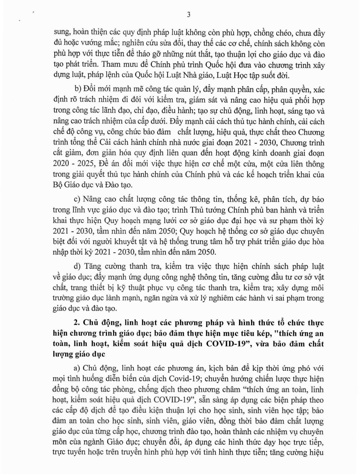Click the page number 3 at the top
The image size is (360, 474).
coord(189,15)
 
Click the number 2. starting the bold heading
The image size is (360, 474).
coord(77,323)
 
